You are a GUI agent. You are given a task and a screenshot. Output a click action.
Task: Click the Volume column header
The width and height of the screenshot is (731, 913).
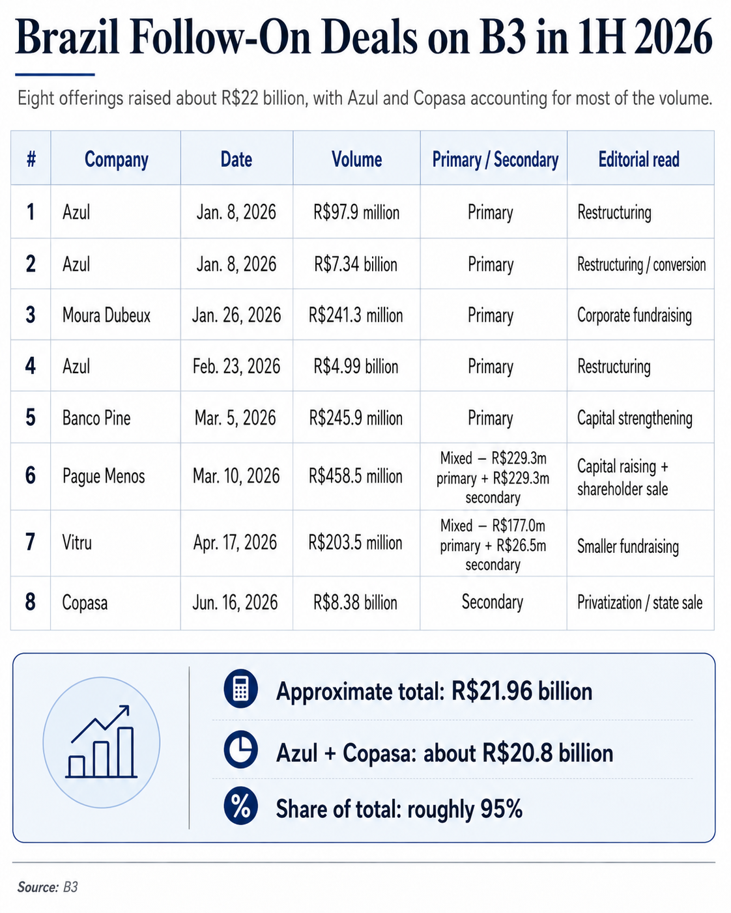click(356, 160)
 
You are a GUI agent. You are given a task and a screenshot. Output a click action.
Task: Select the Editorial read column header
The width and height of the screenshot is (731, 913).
click(639, 160)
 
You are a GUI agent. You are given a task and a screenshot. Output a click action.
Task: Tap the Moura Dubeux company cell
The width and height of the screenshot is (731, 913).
click(106, 315)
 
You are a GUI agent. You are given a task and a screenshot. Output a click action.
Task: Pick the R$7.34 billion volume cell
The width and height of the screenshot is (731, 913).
click(356, 264)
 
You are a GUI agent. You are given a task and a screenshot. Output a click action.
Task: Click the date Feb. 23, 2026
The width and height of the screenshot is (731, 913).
click(236, 366)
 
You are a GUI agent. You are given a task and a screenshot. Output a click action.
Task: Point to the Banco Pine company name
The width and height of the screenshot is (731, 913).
click(96, 418)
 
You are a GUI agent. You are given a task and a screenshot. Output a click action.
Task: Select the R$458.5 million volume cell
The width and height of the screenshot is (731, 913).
click(356, 476)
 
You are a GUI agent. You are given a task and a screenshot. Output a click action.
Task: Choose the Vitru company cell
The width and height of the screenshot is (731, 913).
click(77, 542)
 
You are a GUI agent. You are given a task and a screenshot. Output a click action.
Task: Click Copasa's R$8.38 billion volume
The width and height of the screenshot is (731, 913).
click(355, 602)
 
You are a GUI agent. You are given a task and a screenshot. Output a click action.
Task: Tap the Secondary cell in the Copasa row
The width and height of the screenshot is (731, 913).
click(493, 602)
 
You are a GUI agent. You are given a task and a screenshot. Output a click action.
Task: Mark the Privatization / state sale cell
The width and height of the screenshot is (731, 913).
click(640, 602)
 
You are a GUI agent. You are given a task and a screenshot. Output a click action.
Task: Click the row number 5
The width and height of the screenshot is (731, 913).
click(31, 417)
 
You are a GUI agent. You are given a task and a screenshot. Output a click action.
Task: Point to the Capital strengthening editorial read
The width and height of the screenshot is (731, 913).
click(635, 418)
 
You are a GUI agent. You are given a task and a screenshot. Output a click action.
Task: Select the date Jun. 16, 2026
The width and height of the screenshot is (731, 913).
click(235, 602)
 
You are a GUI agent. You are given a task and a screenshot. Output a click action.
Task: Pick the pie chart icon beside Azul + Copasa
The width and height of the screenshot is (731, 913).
click(240, 750)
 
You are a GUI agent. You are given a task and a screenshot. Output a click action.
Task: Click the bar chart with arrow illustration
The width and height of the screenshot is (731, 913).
click(102, 742)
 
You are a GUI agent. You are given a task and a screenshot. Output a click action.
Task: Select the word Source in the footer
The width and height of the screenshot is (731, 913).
click(38, 887)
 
